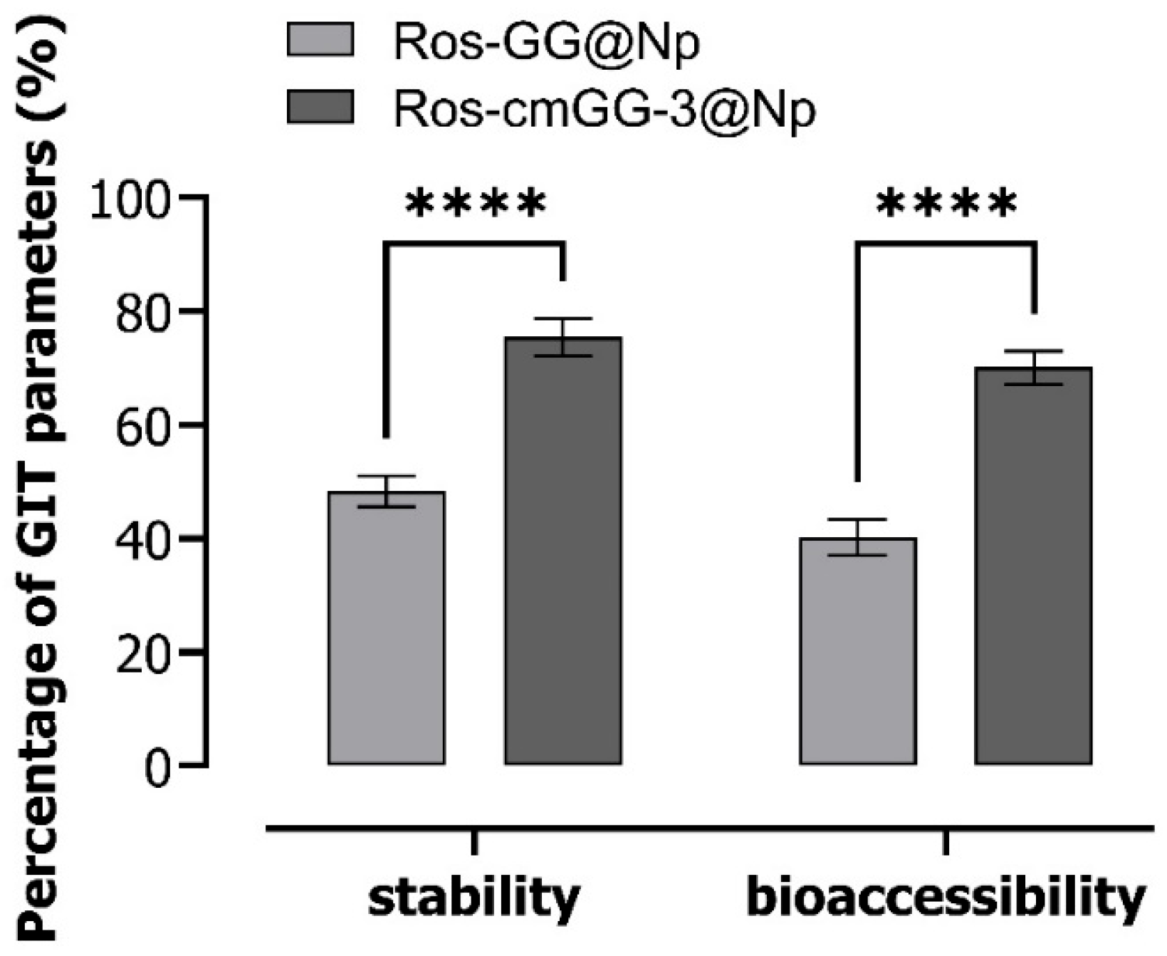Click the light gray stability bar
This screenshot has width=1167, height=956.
coord(387,628)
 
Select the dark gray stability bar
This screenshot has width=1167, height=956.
coord(563,551)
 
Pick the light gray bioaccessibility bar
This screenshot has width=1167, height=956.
coord(857,651)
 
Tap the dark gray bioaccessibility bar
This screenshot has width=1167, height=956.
coord(1033,566)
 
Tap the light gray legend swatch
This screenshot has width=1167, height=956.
coord(320,39)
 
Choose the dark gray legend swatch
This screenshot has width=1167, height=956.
coord(320,106)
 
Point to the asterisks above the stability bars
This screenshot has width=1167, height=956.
coord(475,204)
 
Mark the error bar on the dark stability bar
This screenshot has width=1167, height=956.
coord(564,337)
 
